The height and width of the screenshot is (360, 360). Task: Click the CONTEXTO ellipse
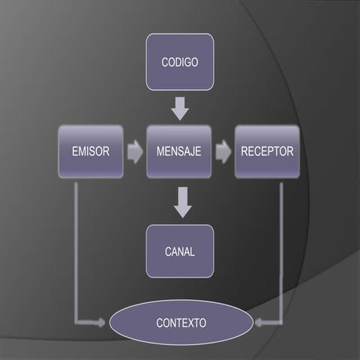181,323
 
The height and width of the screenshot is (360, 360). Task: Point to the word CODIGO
180,62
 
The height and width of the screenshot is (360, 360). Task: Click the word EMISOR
91,151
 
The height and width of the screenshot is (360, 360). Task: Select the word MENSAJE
179,151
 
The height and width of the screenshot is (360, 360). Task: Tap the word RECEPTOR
267,151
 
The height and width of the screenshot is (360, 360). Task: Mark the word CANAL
180,252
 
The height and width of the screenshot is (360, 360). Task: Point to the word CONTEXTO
181,323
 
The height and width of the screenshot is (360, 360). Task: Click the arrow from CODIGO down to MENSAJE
180,108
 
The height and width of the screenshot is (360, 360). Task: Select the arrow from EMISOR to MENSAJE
135,151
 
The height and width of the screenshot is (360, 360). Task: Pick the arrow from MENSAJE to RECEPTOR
223,151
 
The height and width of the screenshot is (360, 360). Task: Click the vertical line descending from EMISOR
76,247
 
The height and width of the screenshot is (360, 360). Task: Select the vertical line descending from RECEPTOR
282,247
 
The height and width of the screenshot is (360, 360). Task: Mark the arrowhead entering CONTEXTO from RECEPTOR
259,323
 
